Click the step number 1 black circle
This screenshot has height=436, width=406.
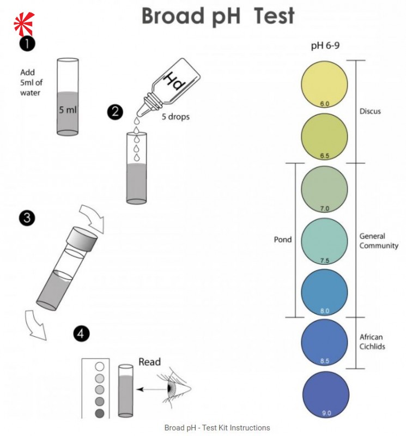click(x=28, y=44)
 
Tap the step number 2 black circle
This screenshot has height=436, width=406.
click(x=116, y=112)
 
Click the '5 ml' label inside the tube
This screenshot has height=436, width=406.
click(x=68, y=110)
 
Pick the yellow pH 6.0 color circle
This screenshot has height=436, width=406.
click(x=324, y=84)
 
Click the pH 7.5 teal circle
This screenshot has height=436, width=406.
click(x=324, y=240)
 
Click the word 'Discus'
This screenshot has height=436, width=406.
click(x=370, y=111)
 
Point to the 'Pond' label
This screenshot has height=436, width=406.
click(x=282, y=239)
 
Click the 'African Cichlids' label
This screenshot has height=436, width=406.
click(x=373, y=342)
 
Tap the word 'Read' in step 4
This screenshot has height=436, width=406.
click(x=150, y=362)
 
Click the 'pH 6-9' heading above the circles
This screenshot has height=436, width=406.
click(x=325, y=46)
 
